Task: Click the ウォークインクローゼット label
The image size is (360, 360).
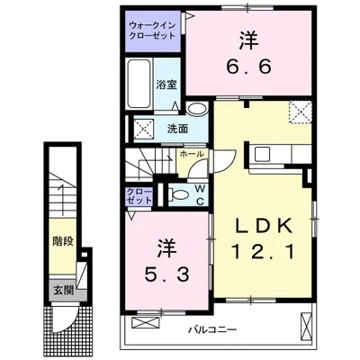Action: (152, 33)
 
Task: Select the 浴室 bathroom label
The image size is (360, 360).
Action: (166, 85)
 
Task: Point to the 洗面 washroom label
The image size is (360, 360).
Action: (176, 129)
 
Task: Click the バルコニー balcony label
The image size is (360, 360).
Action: (211, 328)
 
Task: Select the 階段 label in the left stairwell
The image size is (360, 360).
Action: (62, 240)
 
